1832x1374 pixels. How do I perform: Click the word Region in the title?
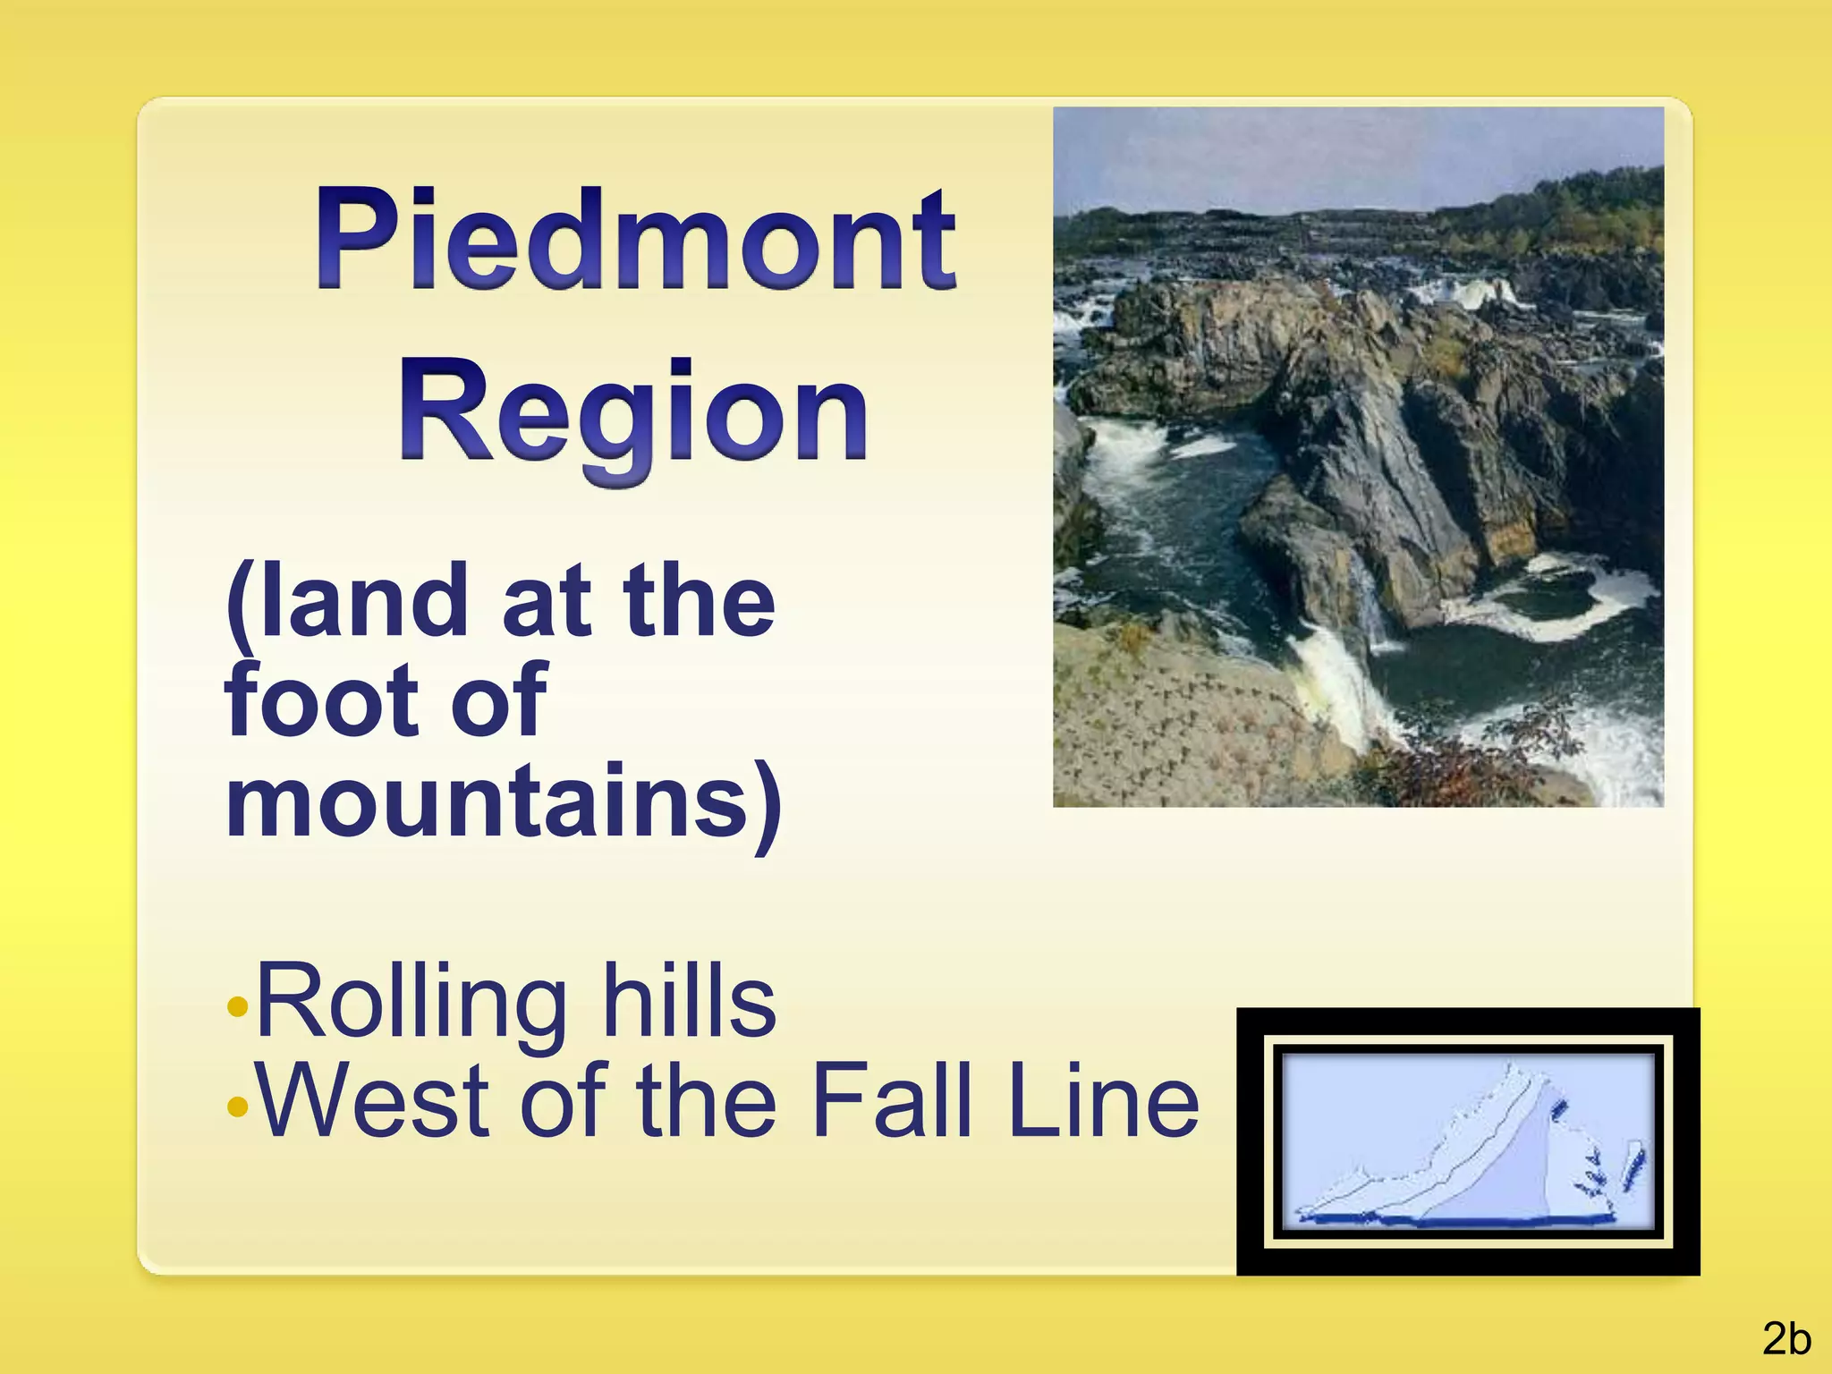pos(633,414)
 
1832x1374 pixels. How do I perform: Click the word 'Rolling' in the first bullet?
pos(411,1002)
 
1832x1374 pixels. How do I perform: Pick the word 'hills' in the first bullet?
pos(689,1002)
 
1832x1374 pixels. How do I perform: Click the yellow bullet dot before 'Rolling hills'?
pos(237,1007)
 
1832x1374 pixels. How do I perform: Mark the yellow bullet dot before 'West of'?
pos(237,1107)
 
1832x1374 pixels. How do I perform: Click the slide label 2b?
pos(1786,1339)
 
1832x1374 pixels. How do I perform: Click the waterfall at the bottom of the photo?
pos(1342,680)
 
